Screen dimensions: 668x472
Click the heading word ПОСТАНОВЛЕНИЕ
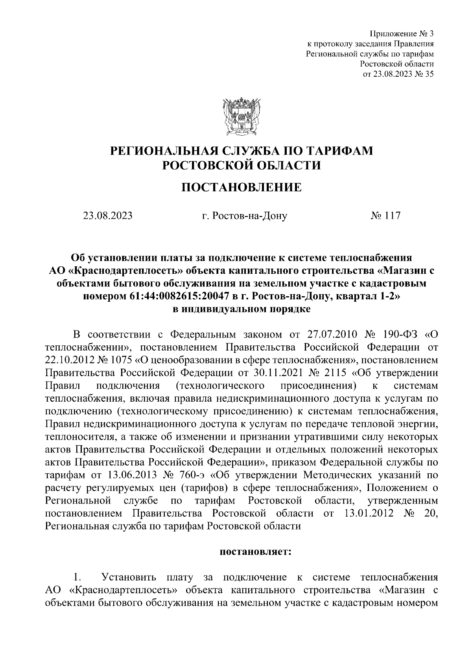[241, 187]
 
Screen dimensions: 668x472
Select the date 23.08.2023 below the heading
[107, 216]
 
